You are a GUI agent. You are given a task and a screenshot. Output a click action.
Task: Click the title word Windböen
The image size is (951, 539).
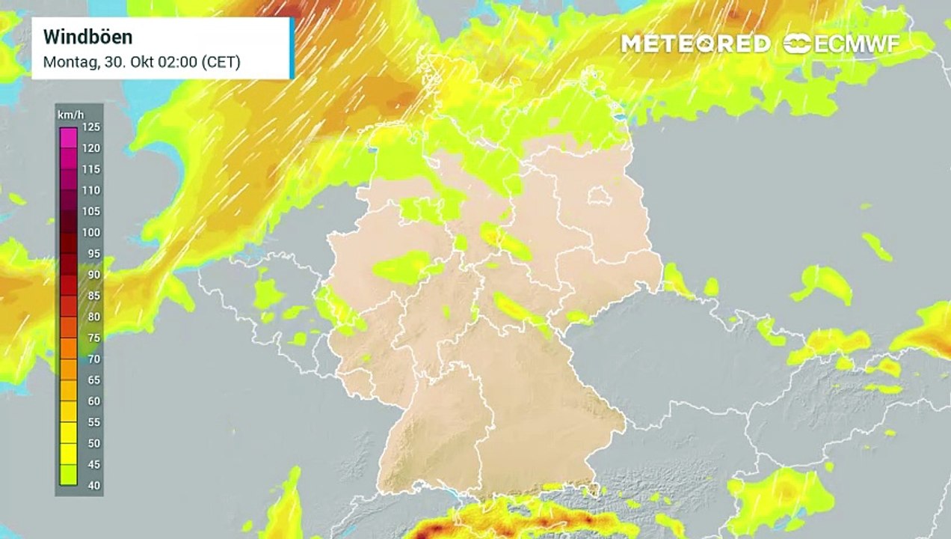[87, 37]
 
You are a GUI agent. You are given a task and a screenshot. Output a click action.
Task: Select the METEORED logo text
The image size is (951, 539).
[695, 44]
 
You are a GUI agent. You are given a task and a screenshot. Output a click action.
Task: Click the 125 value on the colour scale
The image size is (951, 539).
[91, 127]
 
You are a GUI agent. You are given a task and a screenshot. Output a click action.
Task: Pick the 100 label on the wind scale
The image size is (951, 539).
[91, 232]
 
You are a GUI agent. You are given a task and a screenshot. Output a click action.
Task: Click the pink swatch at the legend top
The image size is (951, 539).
[68, 137]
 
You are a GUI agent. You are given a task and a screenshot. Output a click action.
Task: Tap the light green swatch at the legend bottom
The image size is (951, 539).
[68, 475]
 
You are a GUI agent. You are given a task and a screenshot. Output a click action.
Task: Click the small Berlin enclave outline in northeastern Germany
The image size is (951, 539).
[599, 197]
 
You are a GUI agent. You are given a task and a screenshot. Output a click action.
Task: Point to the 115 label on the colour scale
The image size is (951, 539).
[91, 168]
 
